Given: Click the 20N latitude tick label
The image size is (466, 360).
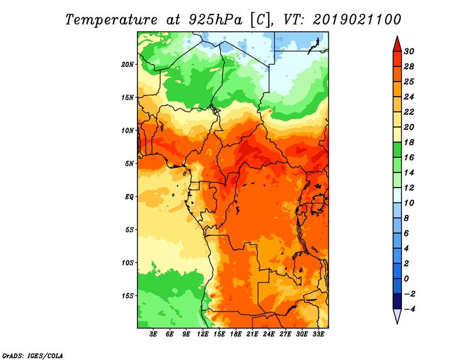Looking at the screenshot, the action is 128,65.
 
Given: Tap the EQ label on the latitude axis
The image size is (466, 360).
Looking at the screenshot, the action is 129,197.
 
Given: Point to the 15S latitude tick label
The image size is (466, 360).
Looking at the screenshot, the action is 128,296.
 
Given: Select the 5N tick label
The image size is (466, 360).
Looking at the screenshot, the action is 129,164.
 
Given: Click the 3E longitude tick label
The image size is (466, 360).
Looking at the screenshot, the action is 153,334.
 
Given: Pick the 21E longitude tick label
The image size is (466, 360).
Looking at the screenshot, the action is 252,334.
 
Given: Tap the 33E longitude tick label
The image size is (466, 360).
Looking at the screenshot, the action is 318,334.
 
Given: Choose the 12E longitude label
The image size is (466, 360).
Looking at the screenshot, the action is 203,334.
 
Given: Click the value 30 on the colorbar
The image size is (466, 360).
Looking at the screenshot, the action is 409,51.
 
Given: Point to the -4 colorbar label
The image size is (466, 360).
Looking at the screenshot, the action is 409,309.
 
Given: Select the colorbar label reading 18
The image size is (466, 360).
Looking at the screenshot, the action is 409,142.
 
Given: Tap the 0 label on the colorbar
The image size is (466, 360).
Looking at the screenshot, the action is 407,279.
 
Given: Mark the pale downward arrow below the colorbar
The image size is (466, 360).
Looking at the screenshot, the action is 397,316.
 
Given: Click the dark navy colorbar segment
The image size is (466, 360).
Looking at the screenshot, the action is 397,301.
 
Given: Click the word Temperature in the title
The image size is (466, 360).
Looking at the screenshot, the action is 111,20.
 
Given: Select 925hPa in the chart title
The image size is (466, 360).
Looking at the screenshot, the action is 216,20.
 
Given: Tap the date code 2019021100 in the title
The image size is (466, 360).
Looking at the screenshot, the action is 357,20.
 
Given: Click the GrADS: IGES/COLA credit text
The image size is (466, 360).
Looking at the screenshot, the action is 33,356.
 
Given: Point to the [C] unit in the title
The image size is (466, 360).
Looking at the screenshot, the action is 261,20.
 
